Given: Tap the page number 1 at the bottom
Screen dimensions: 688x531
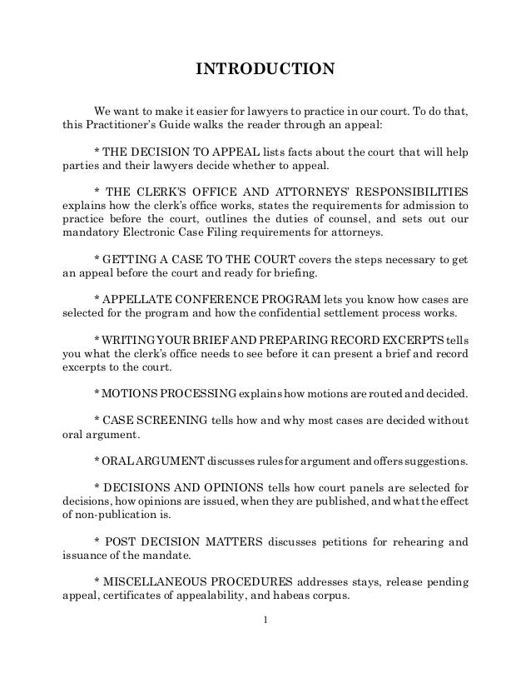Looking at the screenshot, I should click(264, 619).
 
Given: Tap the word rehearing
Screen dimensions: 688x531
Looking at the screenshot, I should click(409, 541).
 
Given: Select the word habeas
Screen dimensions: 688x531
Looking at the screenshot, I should click(315, 596).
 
